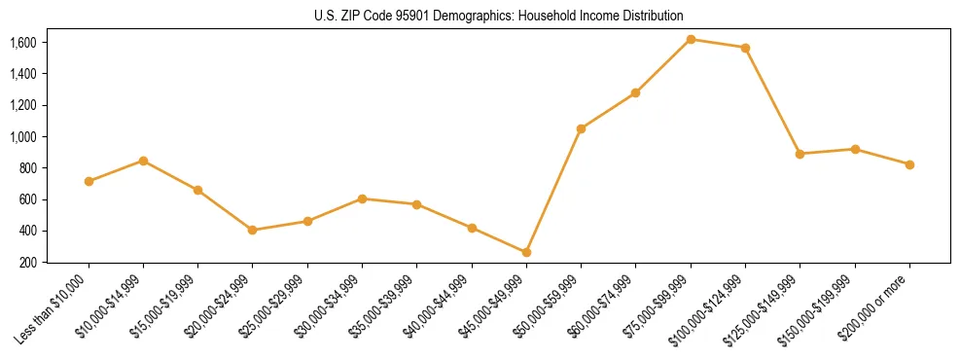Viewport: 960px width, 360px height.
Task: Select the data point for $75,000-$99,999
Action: coord(691,39)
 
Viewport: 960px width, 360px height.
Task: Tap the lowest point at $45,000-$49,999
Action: coord(526,252)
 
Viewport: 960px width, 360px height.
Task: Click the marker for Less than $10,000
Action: coord(89,181)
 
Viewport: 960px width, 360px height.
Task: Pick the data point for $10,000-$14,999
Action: coord(143,161)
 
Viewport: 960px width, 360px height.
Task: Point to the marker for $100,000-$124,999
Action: coord(745,48)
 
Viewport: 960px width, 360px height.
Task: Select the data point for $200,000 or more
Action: coord(909,164)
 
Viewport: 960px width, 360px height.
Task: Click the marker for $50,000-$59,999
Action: coord(581,128)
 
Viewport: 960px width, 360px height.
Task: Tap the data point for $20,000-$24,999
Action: coord(253,230)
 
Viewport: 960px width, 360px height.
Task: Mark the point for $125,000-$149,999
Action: coord(800,154)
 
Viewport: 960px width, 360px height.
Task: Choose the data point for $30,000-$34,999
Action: coord(362,198)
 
